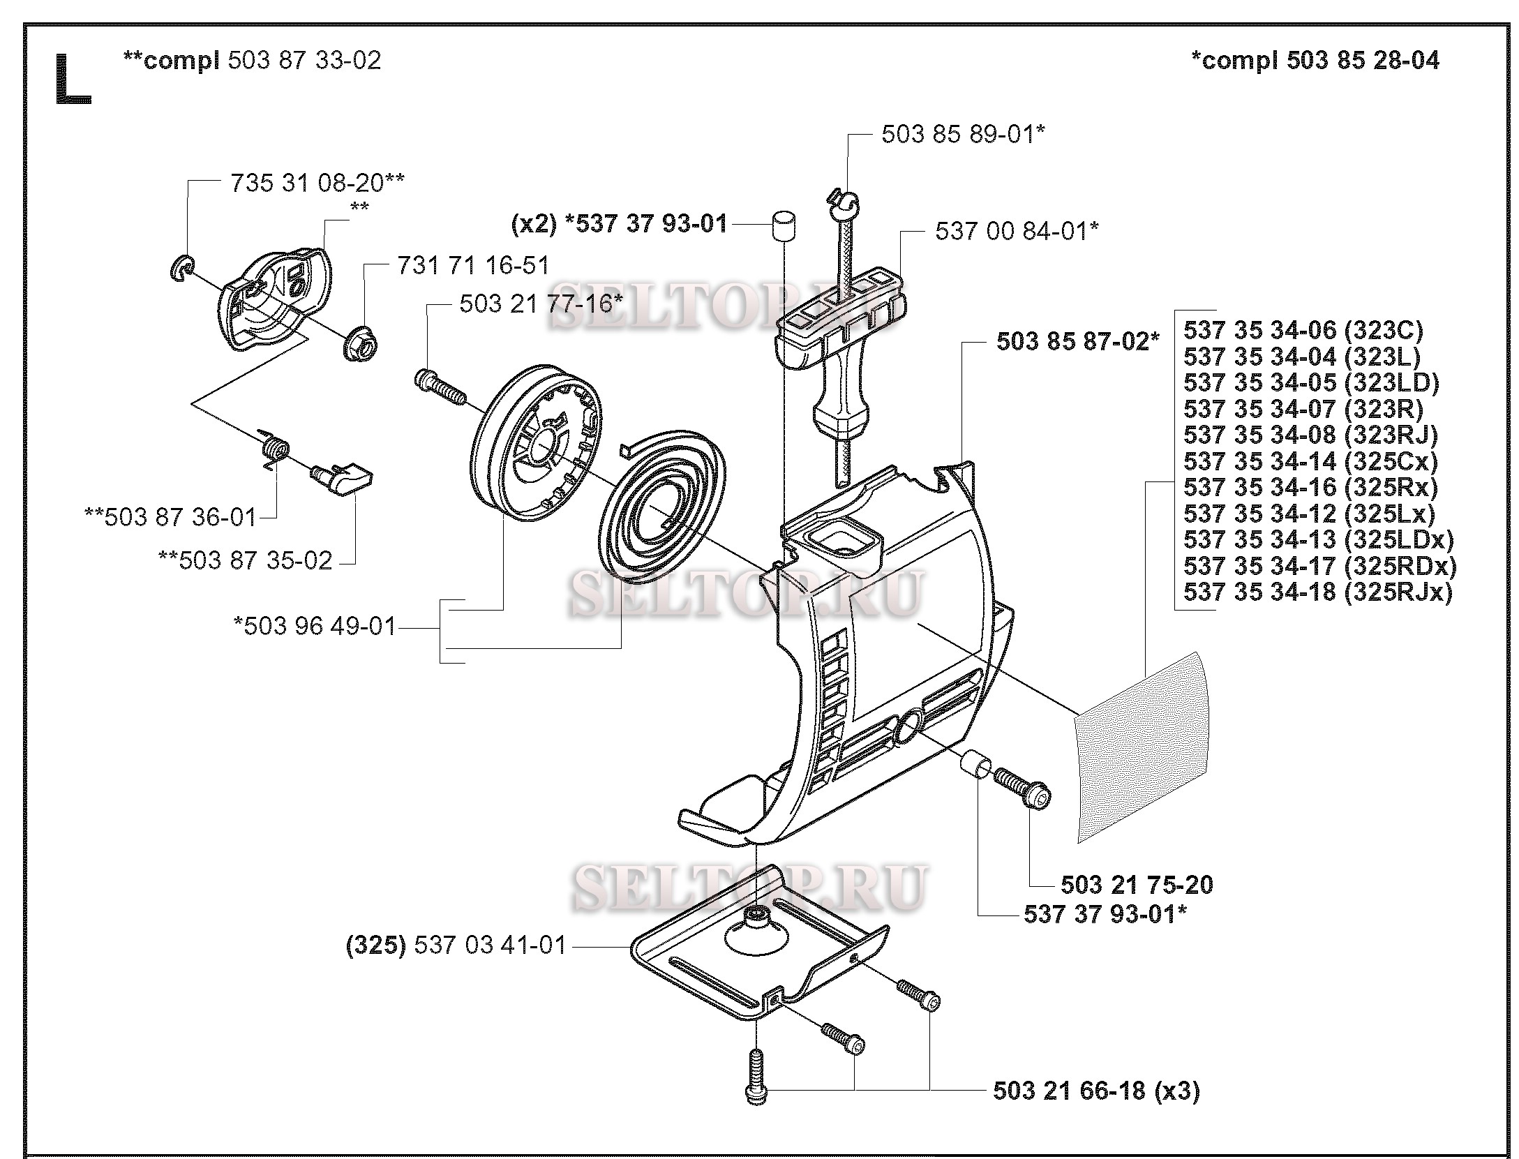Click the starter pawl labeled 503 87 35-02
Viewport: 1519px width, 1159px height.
(344, 478)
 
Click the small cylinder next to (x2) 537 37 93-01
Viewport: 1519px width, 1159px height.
(783, 226)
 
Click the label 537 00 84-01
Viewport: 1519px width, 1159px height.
(1017, 230)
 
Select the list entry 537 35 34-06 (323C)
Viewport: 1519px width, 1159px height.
(1303, 330)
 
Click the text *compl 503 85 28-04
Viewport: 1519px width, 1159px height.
(1315, 61)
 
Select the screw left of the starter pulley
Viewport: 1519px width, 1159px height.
(440, 387)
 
